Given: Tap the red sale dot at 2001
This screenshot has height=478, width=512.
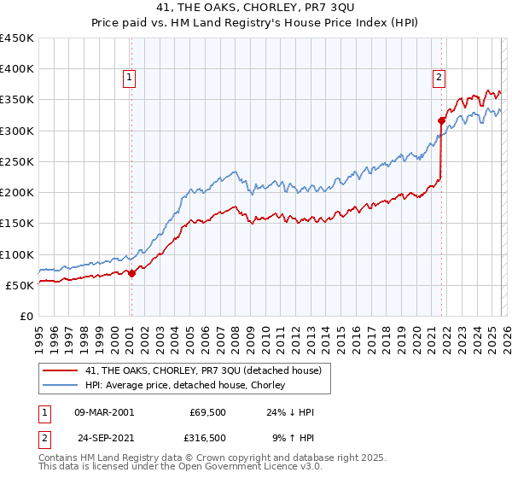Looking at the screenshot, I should (x=131, y=273).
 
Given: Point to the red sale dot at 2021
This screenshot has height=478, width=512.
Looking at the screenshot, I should (x=441, y=120).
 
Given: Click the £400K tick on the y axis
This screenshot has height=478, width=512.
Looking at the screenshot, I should (x=17, y=69).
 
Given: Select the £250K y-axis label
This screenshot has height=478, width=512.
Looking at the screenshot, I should (x=17, y=161).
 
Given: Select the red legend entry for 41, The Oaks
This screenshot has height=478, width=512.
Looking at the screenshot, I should (x=203, y=370).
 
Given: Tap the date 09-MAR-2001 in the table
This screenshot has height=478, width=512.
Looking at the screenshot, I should (x=104, y=411).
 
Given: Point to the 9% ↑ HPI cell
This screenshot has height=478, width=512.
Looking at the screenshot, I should (x=293, y=437).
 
